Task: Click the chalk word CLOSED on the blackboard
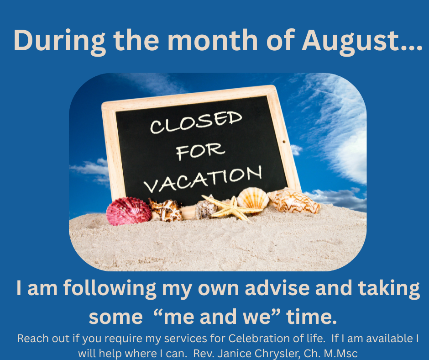coord(196,122)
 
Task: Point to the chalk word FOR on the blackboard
coord(200,151)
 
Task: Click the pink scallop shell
coord(129,211)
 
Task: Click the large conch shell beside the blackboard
coord(293,201)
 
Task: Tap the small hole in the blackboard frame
coord(284,142)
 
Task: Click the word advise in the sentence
coord(277,288)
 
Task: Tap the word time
coord(311,317)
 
